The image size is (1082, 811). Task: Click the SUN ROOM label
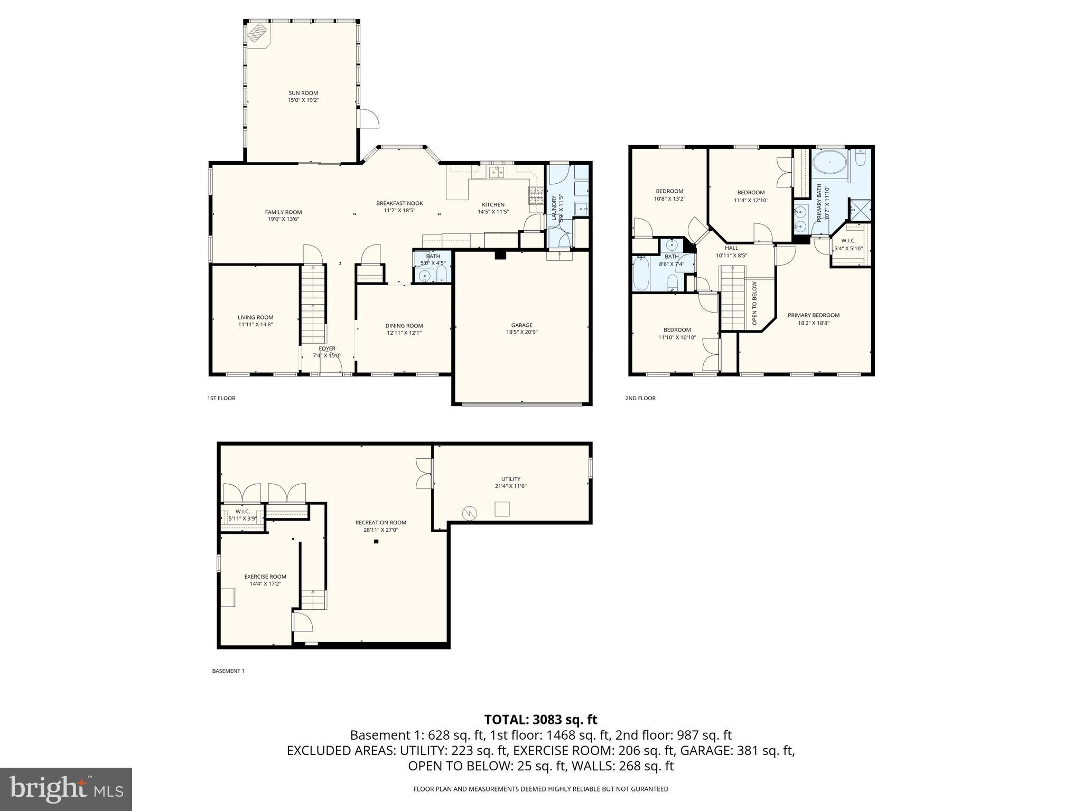[303, 93]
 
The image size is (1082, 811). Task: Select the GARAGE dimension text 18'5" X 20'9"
[521, 332]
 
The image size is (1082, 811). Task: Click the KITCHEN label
[492, 205]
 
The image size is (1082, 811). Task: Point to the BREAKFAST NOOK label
[399, 203]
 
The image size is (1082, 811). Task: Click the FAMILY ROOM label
[283, 212]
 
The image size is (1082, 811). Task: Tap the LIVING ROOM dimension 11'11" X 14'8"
[255, 325]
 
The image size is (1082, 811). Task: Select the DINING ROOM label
[404, 326]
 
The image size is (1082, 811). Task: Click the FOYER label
[327, 348]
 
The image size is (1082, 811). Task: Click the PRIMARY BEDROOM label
[813, 315]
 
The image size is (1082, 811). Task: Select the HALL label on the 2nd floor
[731, 248]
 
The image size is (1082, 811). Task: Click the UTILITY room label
[510, 479]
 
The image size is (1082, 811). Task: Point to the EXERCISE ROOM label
[265, 577]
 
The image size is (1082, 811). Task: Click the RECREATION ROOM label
[380, 523]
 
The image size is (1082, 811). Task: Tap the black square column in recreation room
[376, 541]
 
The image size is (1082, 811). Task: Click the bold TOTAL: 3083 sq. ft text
[540, 719]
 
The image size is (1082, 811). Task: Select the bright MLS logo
[66, 789]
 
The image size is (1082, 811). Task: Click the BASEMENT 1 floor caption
[228, 671]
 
